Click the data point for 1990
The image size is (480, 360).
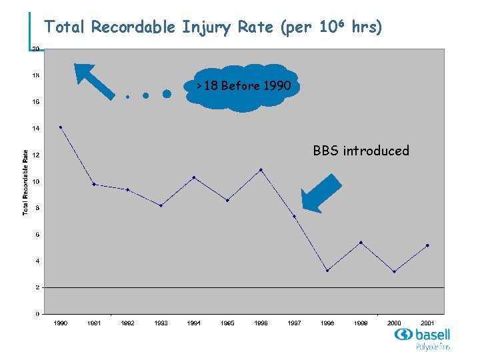coord(61,127)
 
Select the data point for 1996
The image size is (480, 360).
coord(261,170)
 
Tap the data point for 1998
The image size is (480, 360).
coord(327,270)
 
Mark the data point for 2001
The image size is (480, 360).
coord(427,245)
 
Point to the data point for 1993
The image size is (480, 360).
coord(161,205)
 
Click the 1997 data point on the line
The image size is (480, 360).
coord(294,216)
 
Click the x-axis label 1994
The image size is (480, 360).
coord(194,323)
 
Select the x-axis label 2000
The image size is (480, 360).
coord(394,323)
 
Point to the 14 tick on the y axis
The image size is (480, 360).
coord(35,128)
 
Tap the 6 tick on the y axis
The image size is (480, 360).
coord(36,234)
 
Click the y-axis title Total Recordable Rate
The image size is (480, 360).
coord(25,181)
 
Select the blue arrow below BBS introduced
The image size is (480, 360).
coord(321,192)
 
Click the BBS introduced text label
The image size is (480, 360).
coord(361,151)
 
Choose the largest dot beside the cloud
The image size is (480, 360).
coord(167,94)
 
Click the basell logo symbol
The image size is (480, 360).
coord(403,335)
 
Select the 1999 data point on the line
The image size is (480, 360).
coord(361,242)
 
